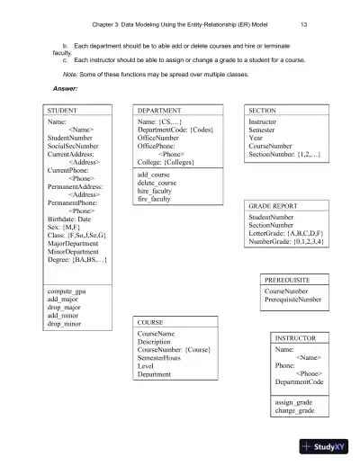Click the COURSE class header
151,321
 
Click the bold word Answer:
66,88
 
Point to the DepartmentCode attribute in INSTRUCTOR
304,381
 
